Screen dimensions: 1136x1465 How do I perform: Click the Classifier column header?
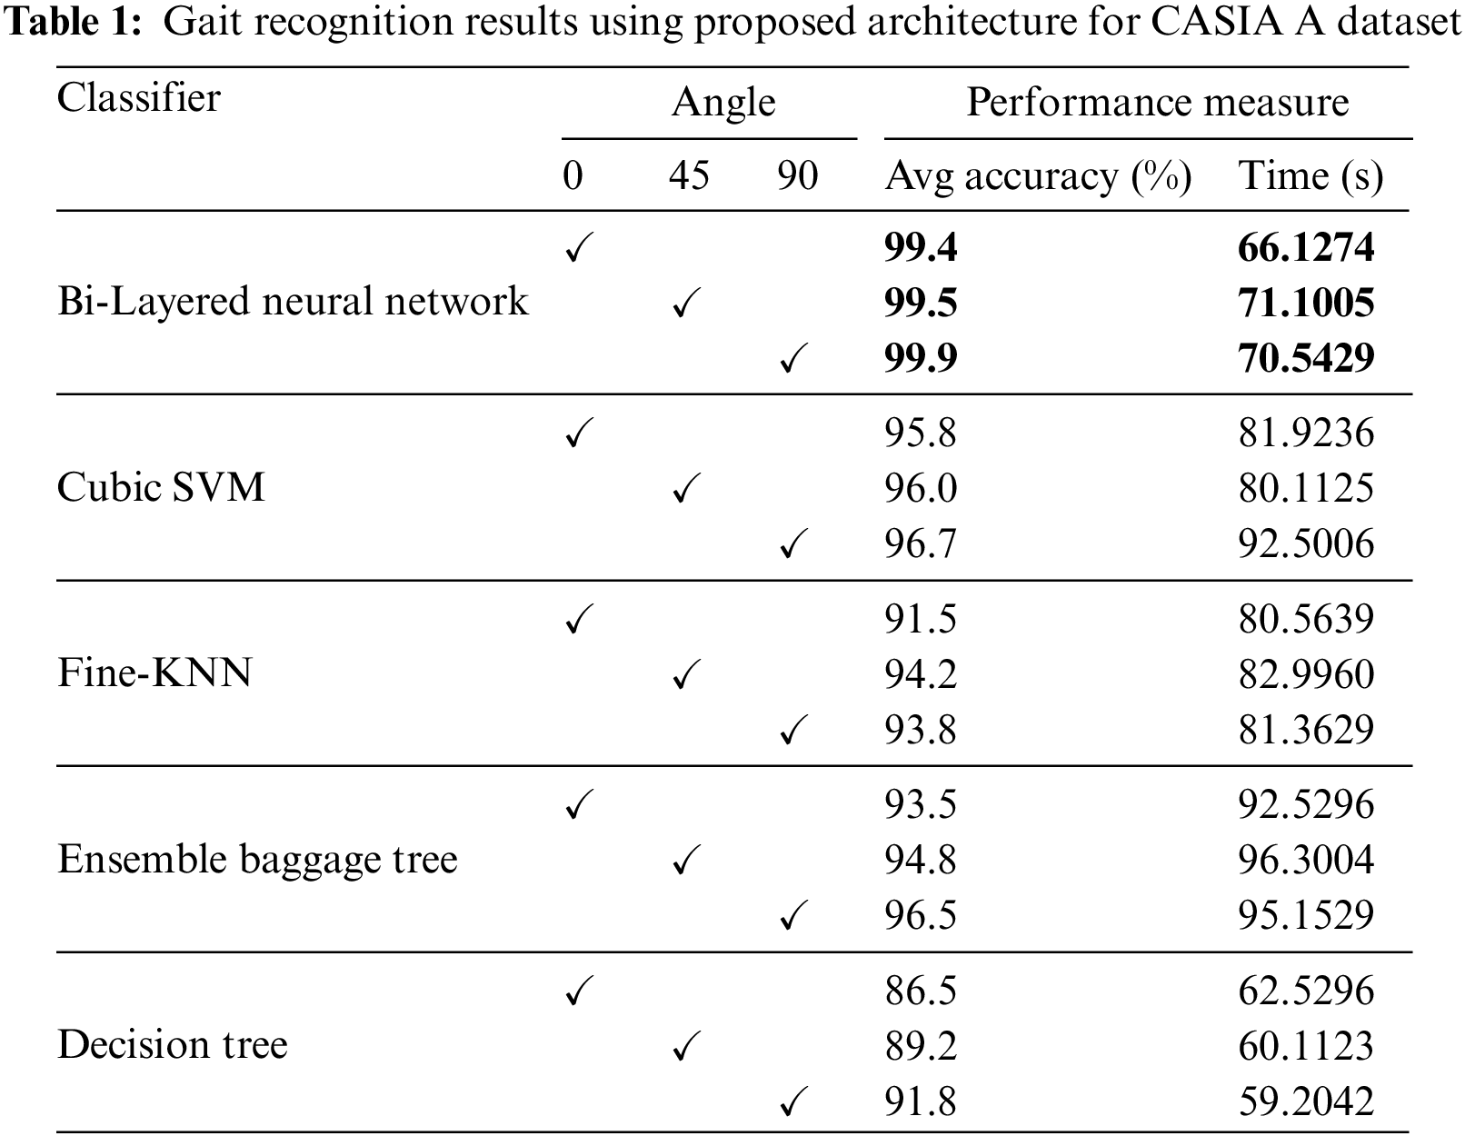[138, 98]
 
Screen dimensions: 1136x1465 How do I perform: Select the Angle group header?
[723, 103]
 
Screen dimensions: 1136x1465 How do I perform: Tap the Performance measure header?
[1157, 102]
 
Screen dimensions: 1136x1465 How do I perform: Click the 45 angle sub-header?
[689, 175]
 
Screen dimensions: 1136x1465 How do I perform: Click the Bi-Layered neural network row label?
[292, 302]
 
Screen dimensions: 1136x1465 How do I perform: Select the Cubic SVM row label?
[161, 488]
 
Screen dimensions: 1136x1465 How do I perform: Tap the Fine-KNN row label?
[154, 673]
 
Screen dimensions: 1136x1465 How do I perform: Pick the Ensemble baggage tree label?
[257, 859]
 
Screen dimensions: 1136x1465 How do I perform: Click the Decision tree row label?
[172, 1045]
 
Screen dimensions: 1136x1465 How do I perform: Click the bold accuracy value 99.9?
[921, 358]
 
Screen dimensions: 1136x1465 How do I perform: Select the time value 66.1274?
[1306, 247]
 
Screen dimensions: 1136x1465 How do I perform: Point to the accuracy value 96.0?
[921, 488]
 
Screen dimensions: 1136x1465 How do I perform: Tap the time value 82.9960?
[1306, 674]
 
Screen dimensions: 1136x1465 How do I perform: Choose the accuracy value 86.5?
[921, 991]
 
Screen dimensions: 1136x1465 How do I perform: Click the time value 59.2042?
[1306, 1101]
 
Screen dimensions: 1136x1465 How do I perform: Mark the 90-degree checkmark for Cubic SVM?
[794, 545]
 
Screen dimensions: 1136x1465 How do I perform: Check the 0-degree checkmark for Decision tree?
[579, 991]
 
